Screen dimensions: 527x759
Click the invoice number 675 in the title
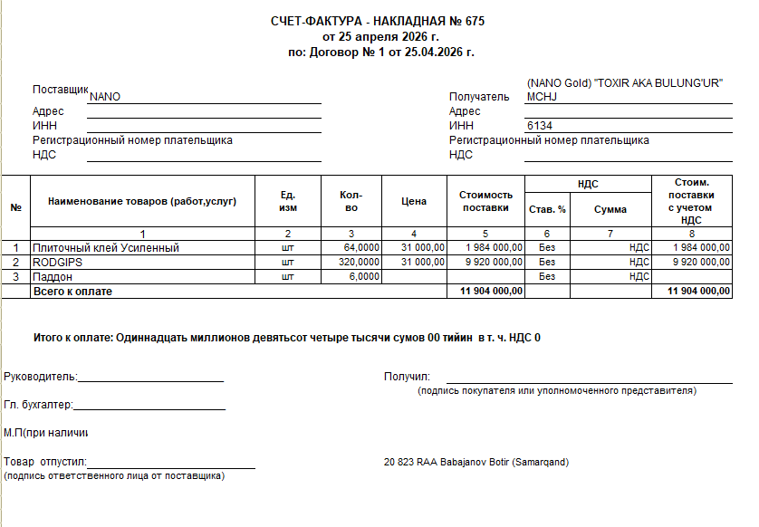tap(485, 21)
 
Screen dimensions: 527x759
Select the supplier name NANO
tap(105, 97)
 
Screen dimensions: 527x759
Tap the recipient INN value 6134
tap(539, 126)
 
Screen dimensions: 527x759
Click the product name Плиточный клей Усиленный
tap(106, 247)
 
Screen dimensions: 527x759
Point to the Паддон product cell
tap(52, 276)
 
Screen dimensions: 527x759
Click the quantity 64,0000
tap(361, 247)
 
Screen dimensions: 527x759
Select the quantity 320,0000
tap(359, 262)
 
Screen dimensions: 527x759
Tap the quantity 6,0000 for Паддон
tap(364, 276)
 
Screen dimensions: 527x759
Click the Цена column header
tap(413, 201)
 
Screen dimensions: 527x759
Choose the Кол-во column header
tap(351, 201)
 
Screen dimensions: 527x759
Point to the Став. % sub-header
tap(547, 209)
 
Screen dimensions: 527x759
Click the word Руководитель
tap(41, 377)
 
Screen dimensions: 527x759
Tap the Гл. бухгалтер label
tap(38, 406)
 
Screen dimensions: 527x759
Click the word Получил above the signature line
tap(407, 377)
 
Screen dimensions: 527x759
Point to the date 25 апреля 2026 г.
tap(389, 37)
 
